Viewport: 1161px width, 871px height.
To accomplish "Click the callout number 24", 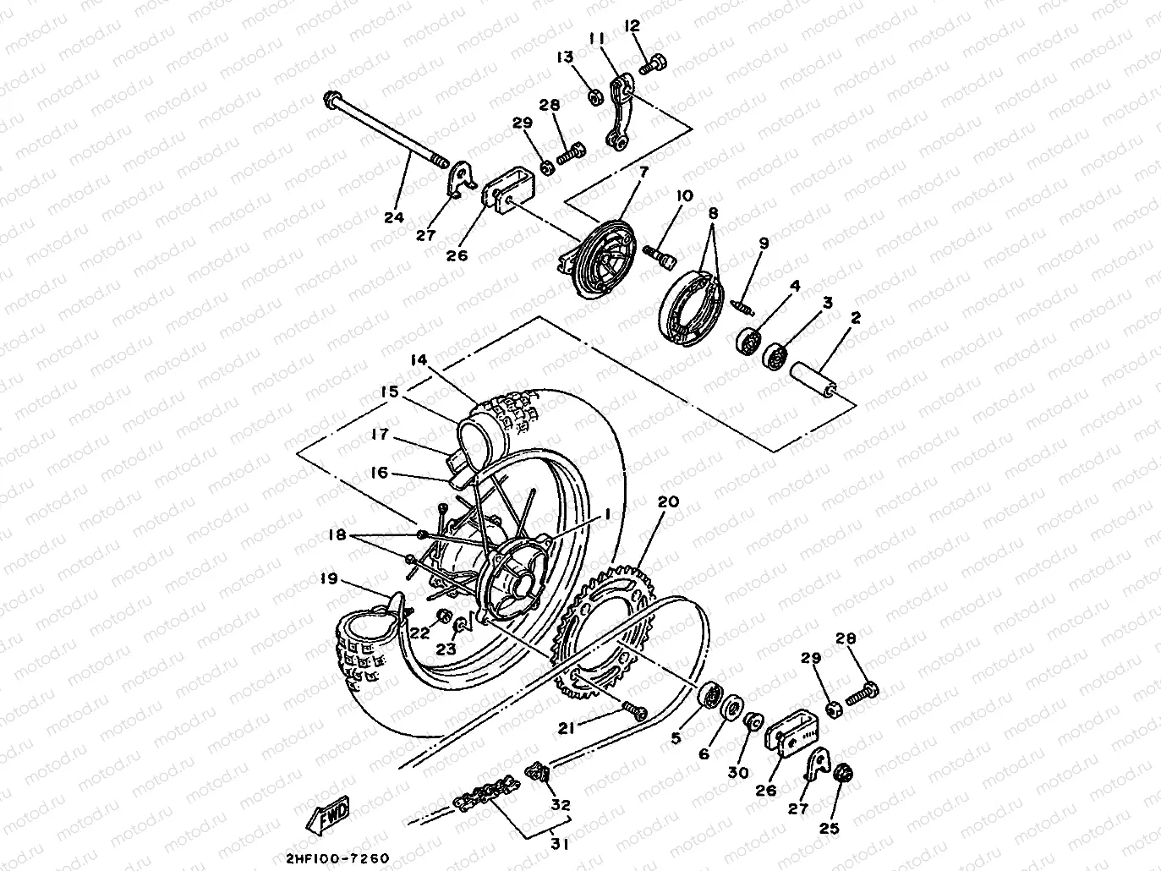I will [x=393, y=217].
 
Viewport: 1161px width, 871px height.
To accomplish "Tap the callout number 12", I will [x=633, y=26].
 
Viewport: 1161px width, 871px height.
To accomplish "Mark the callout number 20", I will [x=667, y=501].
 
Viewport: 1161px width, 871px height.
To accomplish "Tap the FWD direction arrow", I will [x=327, y=813].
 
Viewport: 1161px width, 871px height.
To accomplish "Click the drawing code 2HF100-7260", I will [x=337, y=857].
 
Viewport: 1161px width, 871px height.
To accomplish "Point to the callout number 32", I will [x=561, y=805].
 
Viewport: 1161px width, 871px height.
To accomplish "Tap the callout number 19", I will [x=329, y=579].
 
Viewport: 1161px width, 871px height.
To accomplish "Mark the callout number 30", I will [x=738, y=771].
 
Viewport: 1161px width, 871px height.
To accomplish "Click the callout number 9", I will [x=764, y=244].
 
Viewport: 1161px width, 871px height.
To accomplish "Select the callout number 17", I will [x=379, y=434].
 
